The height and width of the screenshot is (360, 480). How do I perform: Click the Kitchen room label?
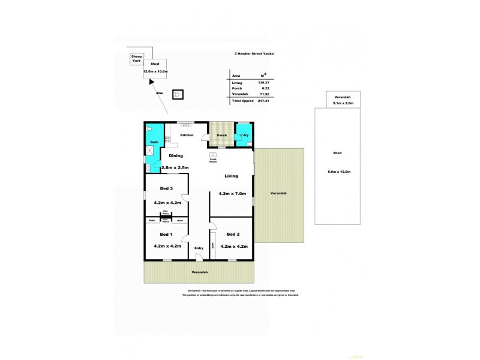coord(187,136)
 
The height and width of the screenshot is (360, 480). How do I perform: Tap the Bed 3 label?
coord(159,188)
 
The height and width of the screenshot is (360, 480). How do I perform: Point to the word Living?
coord(231,176)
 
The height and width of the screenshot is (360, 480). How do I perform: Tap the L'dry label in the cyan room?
coord(244,136)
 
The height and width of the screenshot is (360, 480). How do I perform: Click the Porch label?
coord(221,136)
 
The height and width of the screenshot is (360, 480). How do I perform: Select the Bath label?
coord(154,142)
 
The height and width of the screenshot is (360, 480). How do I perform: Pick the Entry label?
coord(199,248)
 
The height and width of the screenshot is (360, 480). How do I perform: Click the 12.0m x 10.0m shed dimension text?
coord(155,71)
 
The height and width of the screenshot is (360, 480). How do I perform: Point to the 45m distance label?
coord(159,93)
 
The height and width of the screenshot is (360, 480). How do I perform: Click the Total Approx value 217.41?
coord(262,101)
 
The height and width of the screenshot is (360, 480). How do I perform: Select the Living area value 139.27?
coord(262,82)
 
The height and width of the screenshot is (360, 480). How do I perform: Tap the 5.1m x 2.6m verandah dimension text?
coord(343,103)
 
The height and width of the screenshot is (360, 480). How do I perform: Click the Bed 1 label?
coord(159,234)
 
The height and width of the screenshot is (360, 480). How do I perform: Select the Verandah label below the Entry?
coord(199,272)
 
